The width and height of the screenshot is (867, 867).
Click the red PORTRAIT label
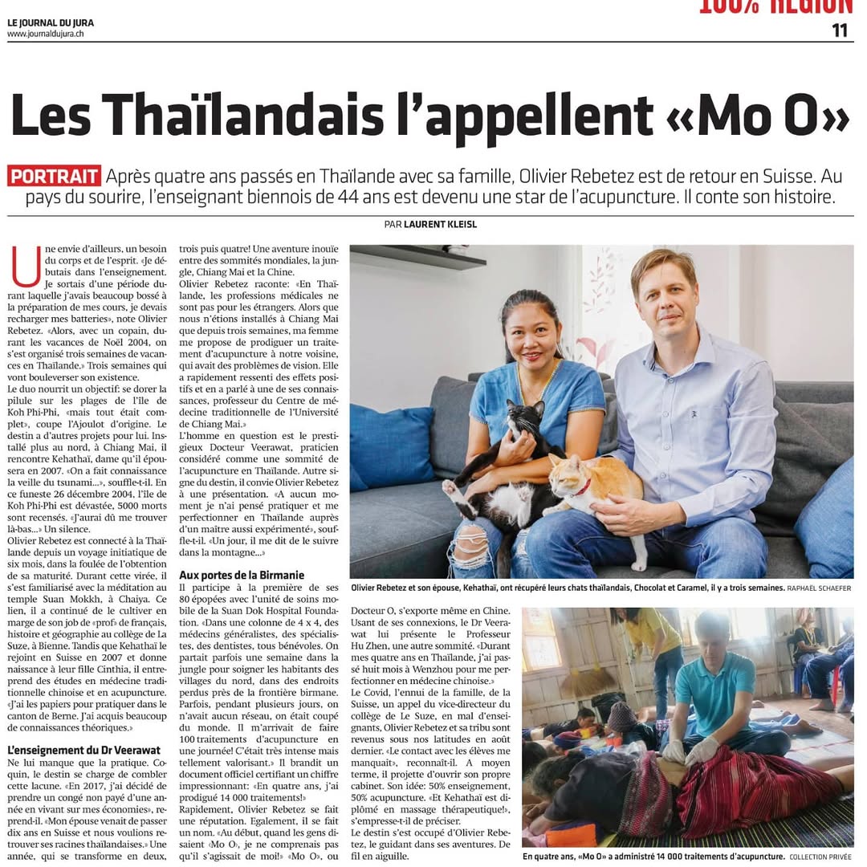pos(55,176)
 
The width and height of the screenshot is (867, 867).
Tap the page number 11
pos(840,31)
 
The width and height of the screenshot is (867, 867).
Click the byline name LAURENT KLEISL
pos(440,225)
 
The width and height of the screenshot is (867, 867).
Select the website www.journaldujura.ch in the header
pos(46,34)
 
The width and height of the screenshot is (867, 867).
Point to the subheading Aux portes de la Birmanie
pos(242,575)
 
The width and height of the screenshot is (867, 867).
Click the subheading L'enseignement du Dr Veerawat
pos(84,751)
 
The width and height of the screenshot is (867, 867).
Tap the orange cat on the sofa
pos(598,490)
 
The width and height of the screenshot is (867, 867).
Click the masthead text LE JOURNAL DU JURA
pos(51,22)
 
